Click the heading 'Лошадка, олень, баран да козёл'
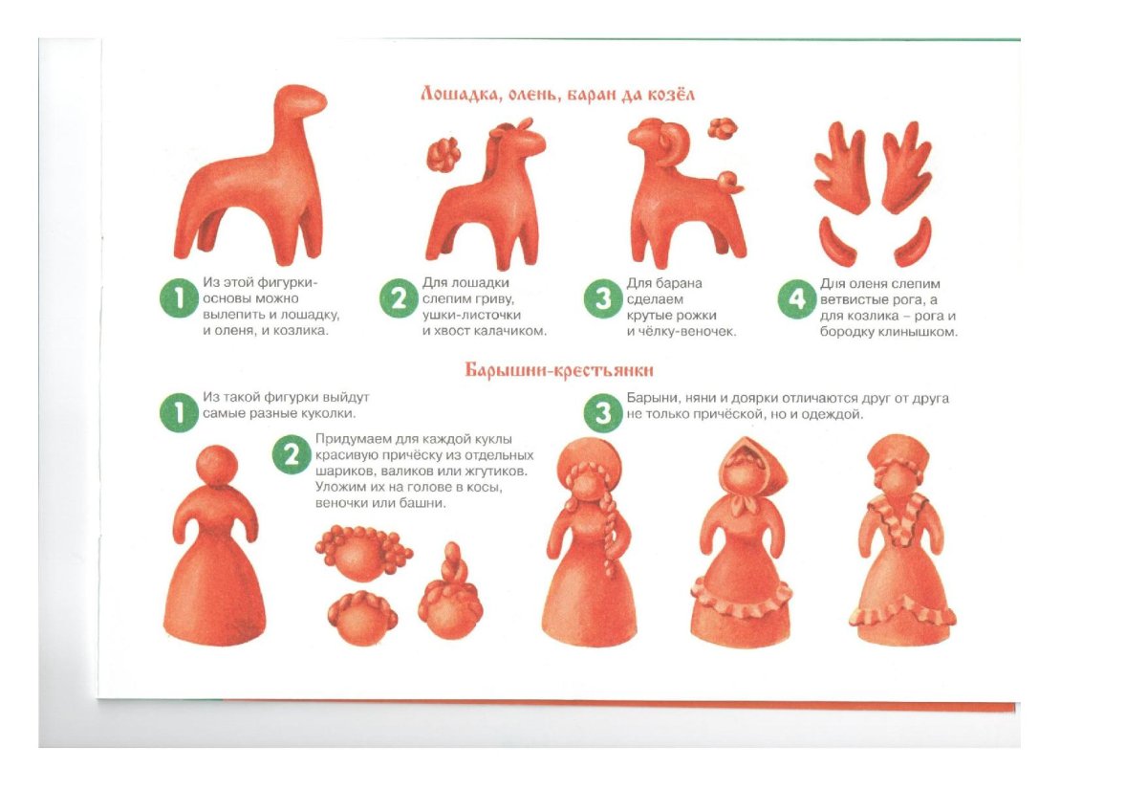[x=557, y=96]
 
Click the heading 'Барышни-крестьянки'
[x=559, y=370]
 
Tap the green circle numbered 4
[x=797, y=299]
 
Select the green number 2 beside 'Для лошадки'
[x=399, y=298]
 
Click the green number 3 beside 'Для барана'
[x=603, y=298]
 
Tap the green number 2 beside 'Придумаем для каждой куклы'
[x=292, y=454]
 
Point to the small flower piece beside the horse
[x=443, y=154]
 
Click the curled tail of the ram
[x=729, y=182]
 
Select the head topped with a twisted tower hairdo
[x=450, y=593]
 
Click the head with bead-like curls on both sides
[x=363, y=552]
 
